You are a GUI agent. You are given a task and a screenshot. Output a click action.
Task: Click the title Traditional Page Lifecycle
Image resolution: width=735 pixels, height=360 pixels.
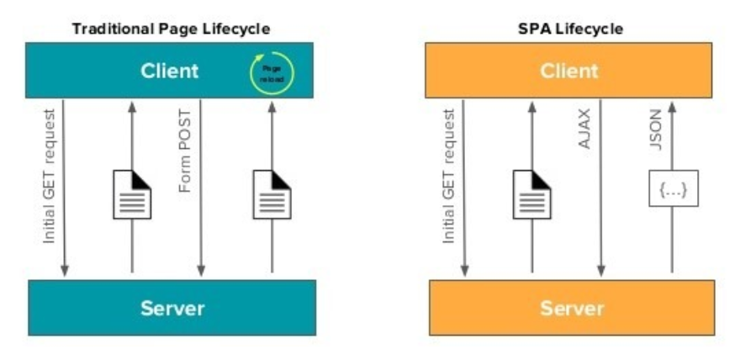(171, 29)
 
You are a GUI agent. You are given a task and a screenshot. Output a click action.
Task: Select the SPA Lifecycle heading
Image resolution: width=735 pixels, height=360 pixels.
(570, 29)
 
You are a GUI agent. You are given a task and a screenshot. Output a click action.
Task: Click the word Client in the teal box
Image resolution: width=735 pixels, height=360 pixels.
(171, 71)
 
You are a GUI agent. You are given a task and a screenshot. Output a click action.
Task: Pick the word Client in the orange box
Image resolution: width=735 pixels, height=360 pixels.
(570, 71)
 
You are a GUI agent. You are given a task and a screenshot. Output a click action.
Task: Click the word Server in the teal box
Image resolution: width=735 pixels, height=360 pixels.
(172, 307)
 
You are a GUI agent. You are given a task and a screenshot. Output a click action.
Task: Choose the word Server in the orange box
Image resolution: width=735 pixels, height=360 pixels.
(572, 307)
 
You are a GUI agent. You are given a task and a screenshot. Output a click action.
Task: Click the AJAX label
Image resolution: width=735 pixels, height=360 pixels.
(584, 129)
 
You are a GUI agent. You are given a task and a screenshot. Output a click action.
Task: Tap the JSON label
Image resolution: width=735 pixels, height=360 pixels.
(657, 129)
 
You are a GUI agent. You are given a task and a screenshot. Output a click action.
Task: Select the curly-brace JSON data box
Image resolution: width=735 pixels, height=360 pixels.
(673, 193)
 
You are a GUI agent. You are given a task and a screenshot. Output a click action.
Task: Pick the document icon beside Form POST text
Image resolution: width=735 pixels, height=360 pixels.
(132, 193)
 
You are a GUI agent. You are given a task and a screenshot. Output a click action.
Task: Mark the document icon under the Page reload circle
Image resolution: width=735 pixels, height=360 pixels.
(272, 193)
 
